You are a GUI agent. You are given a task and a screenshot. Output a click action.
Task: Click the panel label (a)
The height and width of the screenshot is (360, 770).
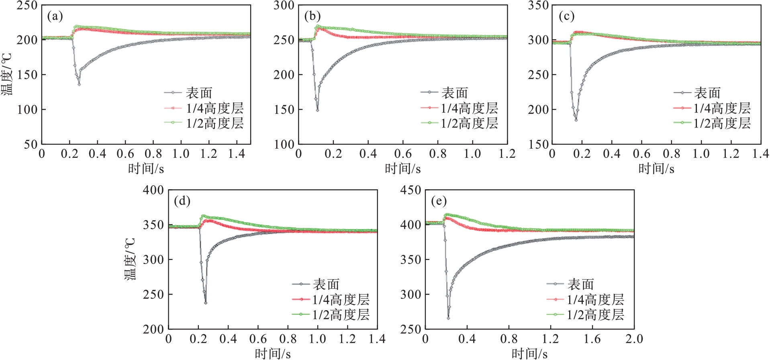point(55,16)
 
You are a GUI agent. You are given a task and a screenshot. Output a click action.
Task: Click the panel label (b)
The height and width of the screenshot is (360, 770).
point(312,16)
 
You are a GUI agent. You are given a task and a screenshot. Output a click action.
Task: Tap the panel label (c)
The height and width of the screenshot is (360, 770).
point(566,16)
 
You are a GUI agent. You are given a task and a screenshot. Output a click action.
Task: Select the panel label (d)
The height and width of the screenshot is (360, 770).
point(182,201)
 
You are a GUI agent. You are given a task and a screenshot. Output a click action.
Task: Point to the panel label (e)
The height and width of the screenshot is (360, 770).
point(439,201)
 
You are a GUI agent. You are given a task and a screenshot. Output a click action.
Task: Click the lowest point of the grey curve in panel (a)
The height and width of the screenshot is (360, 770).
point(79,84)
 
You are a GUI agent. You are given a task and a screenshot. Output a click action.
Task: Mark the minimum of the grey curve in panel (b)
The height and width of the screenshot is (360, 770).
point(317,110)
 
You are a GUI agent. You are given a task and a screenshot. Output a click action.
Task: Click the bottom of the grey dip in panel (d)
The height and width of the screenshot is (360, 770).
point(206,303)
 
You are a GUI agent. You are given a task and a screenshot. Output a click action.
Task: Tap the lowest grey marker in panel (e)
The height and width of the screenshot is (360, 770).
point(448,318)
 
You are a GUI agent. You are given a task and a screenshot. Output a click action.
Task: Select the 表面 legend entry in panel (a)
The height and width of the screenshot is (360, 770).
point(199,93)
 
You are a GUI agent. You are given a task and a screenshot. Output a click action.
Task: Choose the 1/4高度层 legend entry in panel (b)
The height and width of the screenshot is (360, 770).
point(469,108)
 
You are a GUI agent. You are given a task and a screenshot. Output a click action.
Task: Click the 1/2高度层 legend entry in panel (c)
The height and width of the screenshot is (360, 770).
point(722,123)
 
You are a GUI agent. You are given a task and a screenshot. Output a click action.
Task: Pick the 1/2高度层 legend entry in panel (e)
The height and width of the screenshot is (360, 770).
point(595,315)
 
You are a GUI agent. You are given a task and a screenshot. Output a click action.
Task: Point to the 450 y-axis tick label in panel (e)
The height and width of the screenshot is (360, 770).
point(411,190)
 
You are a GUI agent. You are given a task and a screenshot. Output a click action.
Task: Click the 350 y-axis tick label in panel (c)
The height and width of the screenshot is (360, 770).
point(538,6)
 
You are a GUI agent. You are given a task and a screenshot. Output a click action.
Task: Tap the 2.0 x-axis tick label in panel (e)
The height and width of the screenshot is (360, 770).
point(634,339)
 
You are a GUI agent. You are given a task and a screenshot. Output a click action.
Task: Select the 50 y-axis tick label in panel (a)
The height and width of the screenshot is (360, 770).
point(31,144)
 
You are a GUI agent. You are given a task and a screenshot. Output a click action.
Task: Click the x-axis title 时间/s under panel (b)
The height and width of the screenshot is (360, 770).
point(402,169)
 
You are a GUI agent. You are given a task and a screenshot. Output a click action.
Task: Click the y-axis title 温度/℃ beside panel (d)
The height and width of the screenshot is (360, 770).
point(130,259)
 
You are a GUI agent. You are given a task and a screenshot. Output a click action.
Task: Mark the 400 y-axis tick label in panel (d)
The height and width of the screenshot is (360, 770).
point(153,190)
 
